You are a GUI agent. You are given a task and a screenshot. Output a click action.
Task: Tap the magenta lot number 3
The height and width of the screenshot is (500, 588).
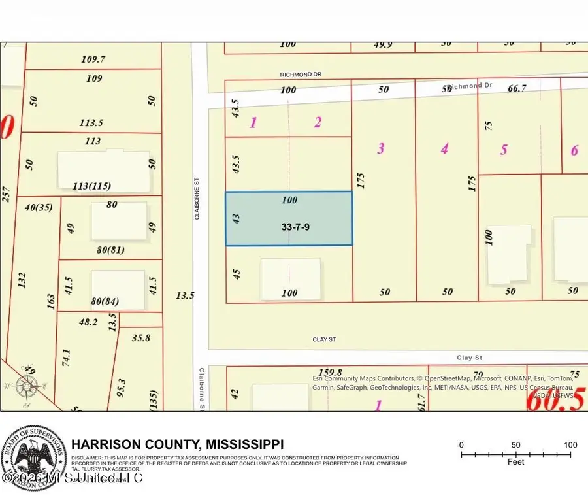(381, 148)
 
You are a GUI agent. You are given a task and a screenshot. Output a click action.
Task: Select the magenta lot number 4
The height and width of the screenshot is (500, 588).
(444, 148)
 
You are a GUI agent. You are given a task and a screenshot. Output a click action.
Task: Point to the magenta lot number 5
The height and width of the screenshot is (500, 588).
(504, 150)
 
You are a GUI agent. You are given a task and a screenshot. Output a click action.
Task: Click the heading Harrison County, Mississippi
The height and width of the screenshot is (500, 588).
(177, 443)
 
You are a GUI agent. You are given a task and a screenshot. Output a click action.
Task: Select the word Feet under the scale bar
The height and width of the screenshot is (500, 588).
(516, 463)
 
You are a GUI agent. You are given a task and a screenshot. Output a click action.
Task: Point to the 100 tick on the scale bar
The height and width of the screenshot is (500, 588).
(570, 446)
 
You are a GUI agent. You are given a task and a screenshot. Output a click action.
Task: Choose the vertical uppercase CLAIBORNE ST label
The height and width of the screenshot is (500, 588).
(196, 199)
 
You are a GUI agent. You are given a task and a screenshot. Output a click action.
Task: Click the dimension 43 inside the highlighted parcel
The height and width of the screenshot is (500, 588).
(236, 219)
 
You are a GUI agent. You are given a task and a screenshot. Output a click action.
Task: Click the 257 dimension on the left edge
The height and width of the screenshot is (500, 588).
(7, 193)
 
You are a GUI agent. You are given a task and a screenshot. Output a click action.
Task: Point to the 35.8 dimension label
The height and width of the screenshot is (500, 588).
(141, 338)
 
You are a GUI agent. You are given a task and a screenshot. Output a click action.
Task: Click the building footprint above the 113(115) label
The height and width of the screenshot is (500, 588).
(103, 170)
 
